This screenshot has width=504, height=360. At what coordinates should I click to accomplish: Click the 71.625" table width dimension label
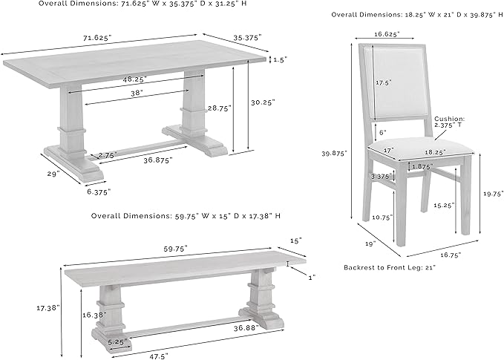coord(97,38)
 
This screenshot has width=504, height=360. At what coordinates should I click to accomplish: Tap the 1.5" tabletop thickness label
coord(280,60)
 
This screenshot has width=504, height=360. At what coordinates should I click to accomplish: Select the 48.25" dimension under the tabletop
coord(134,79)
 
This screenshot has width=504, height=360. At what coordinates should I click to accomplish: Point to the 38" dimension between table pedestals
coord(137,93)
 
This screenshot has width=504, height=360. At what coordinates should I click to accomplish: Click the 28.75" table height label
coord(219,108)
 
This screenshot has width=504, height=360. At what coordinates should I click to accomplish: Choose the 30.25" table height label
coord(264,102)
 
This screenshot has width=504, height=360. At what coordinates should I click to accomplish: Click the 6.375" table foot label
coord(99,192)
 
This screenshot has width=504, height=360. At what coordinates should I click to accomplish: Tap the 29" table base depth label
coord(53,174)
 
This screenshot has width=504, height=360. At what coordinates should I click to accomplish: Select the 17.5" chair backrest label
coord(384,82)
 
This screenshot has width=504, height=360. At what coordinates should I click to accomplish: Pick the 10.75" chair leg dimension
coord(382,217)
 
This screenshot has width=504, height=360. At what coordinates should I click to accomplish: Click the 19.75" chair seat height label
coord(494,194)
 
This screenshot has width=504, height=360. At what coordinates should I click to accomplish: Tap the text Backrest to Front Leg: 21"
coord(390,267)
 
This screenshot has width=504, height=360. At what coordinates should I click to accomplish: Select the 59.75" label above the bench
coord(176,249)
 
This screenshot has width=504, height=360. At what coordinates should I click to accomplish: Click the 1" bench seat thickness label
coord(312,277)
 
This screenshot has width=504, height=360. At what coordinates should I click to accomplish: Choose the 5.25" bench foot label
coord(117,342)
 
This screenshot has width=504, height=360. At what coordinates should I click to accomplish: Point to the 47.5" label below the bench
coord(158,356)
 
